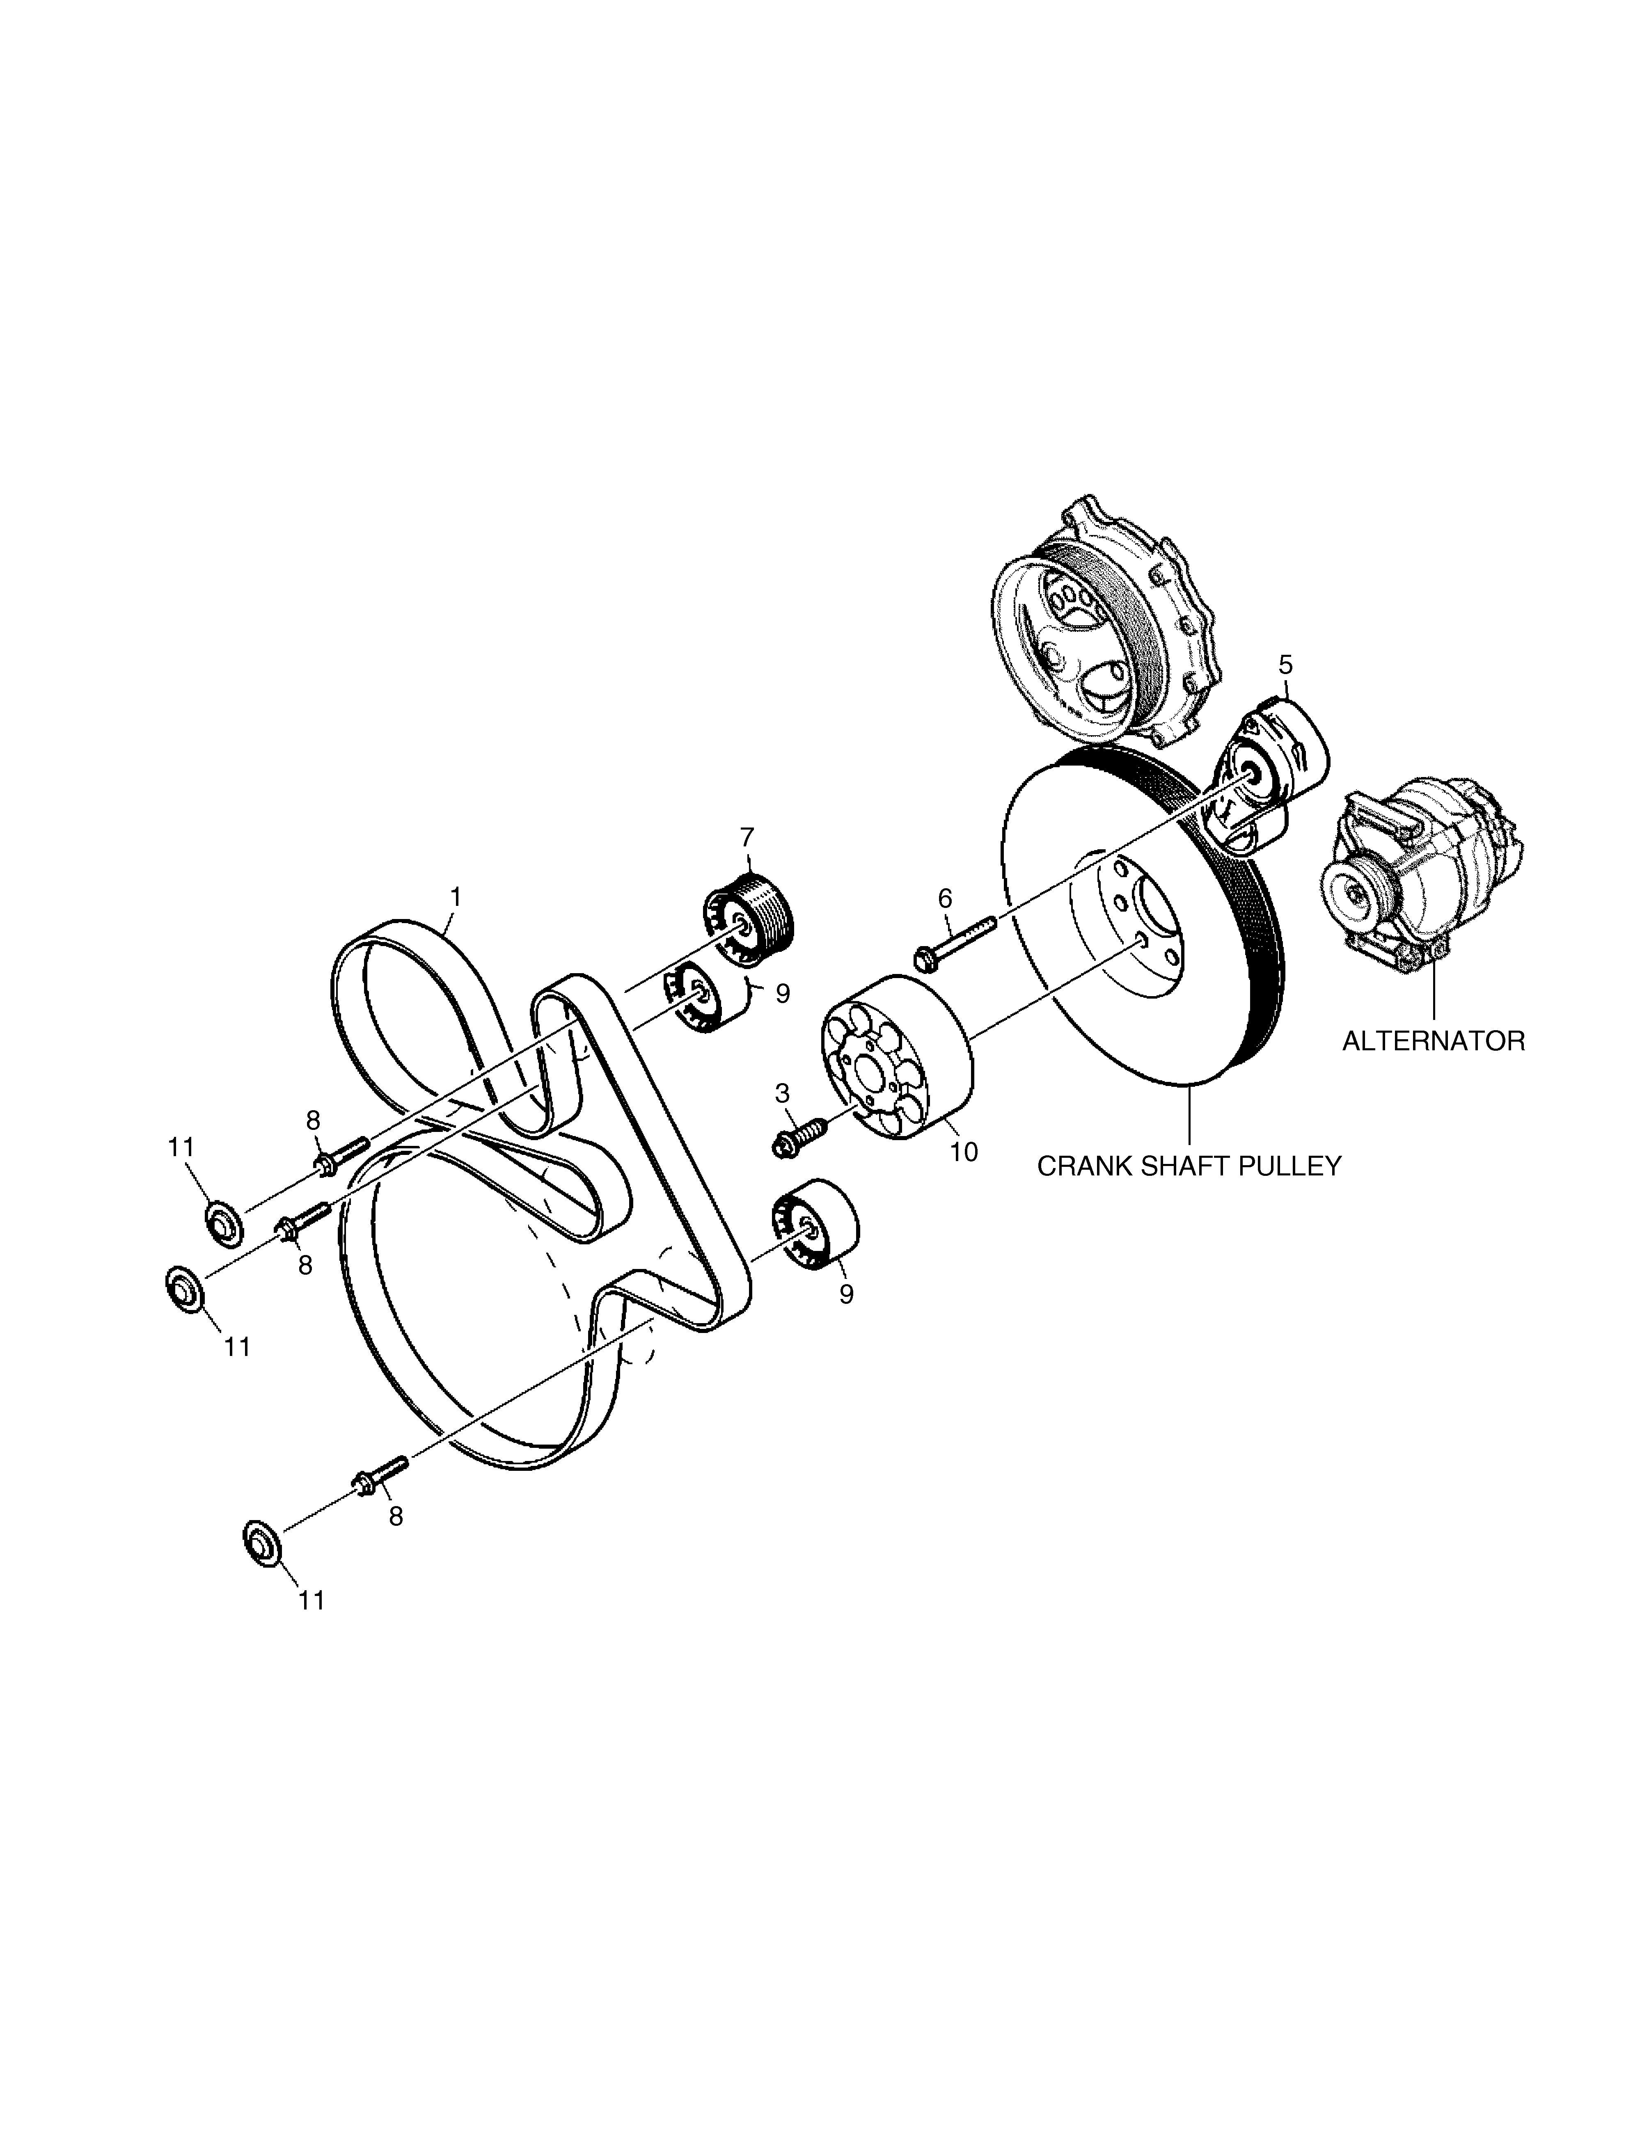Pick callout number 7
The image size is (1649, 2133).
(x=747, y=837)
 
